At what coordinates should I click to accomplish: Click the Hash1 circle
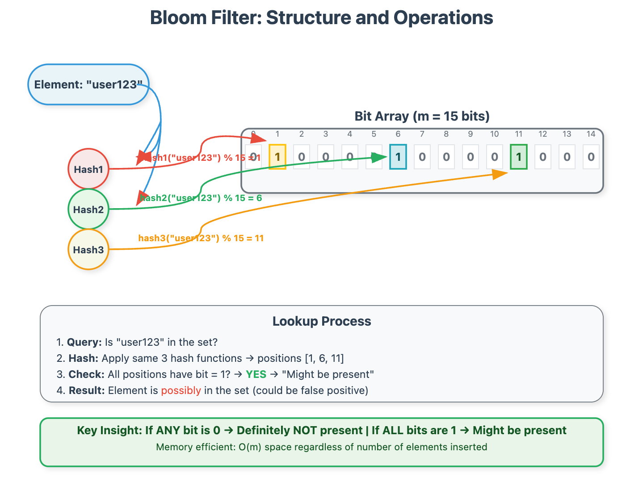[88, 169]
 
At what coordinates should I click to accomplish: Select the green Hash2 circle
[88, 209]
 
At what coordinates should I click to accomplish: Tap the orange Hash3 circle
[88, 249]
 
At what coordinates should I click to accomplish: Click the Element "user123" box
[88, 84]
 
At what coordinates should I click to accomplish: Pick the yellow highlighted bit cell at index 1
[277, 157]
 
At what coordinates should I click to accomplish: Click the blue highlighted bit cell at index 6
[398, 157]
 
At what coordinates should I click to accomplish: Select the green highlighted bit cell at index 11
[519, 157]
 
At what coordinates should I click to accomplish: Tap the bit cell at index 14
[591, 157]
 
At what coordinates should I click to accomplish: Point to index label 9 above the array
[471, 134]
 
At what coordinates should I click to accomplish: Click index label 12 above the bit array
[543, 134]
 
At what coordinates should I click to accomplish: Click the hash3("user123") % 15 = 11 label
[201, 238]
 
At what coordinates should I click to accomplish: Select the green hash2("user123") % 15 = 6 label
[201, 198]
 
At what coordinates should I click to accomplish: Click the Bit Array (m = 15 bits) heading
[422, 116]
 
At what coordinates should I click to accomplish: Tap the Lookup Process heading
[322, 321]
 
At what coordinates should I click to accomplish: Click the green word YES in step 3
[256, 374]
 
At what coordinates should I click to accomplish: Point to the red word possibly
[181, 390]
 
